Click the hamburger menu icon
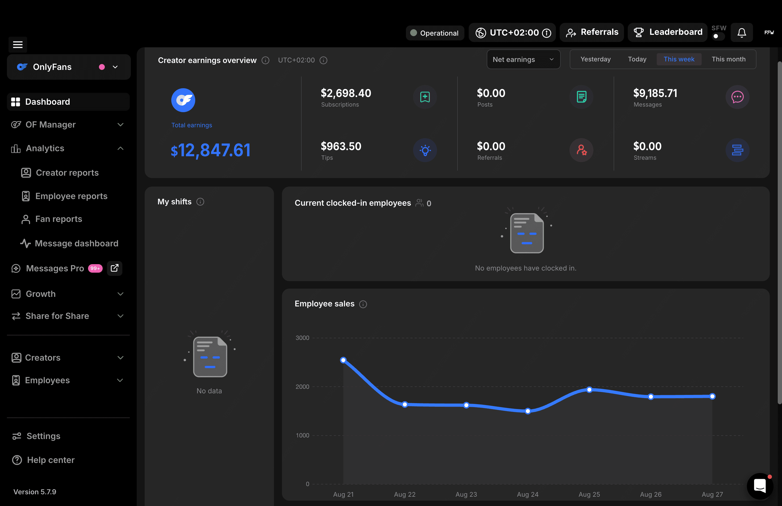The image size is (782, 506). click(18, 44)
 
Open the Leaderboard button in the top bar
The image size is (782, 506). click(667, 32)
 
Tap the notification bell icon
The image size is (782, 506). click(742, 32)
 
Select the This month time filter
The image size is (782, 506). click(729, 59)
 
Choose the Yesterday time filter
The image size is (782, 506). click(595, 59)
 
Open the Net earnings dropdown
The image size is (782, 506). click(523, 60)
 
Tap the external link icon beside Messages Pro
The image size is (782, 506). click(115, 268)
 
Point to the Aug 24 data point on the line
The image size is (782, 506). click(528, 411)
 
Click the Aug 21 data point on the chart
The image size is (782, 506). click(343, 360)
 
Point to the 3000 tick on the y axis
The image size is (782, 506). click(302, 338)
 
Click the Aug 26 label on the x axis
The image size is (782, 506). click(651, 495)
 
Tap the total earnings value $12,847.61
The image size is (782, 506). click(211, 150)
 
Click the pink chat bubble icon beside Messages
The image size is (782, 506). click(737, 97)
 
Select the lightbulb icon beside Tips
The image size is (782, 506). click(425, 150)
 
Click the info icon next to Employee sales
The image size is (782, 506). click(363, 304)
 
